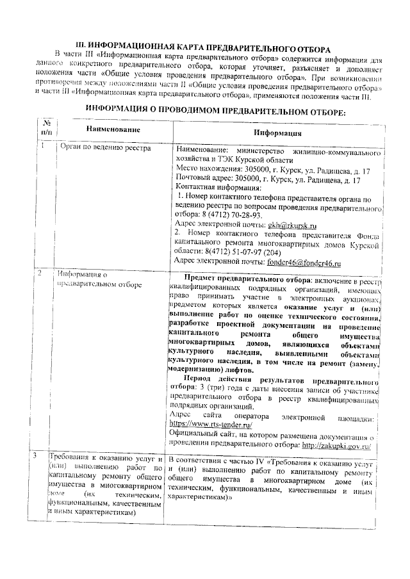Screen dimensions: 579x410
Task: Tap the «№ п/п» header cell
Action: [46, 127]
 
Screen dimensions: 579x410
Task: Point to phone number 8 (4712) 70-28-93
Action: [238, 215]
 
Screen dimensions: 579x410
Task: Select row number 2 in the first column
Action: [41, 274]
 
